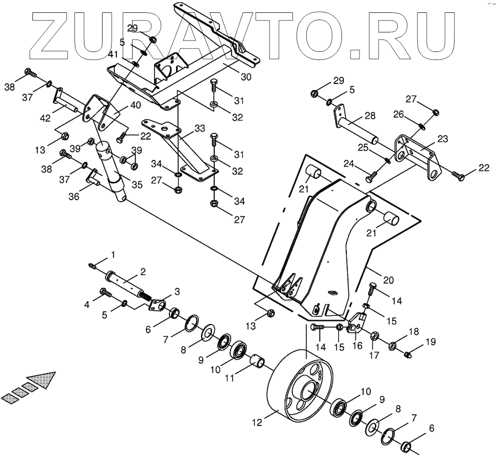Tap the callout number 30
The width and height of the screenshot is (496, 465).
tap(246, 76)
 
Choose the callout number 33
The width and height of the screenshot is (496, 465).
tap(199, 128)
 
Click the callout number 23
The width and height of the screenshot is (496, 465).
tap(443, 140)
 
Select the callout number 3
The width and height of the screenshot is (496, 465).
tap(176, 291)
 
